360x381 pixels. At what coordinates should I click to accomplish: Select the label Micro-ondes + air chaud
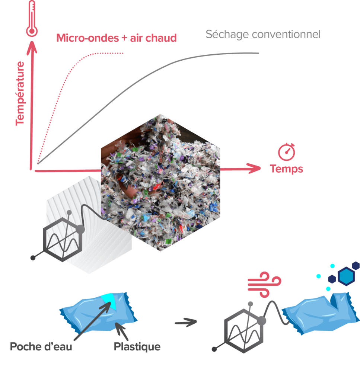click(x=116, y=38)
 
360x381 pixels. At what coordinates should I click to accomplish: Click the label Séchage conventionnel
click(x=263, y=35)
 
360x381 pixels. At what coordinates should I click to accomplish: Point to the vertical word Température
click(x=20, y=93)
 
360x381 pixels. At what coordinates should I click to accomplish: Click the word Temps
click(x=286, y=169)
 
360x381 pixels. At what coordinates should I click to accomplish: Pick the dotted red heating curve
click(x=63, y=86)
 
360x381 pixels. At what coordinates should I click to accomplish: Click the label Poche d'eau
click(x=41, y=347)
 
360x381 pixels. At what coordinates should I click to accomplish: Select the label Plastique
click(x=137, y=347)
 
